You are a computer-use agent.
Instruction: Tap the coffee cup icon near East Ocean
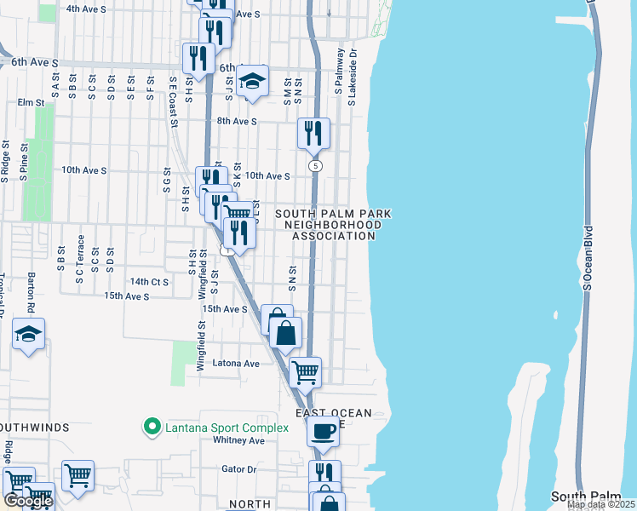[323, 431]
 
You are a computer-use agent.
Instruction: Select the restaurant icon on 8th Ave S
[313, 133]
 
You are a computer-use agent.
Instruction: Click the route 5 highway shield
[316, 165]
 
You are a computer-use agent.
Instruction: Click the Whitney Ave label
[238, 440]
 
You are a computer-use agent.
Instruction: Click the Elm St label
[31, 102]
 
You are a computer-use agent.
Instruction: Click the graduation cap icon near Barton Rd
[29, 335]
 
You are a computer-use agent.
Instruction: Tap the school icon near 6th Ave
[251, 81]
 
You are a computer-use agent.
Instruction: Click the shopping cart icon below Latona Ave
[304, 371]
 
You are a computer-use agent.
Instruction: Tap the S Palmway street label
[338, 70]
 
